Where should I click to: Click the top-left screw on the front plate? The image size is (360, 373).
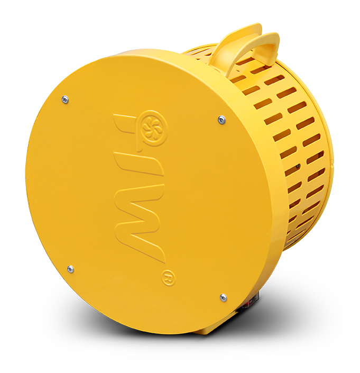[65, 99]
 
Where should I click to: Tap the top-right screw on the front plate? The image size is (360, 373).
[221, 120]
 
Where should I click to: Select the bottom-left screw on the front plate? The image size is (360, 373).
[70, 269]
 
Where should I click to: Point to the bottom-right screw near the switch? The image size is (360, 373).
[223, 297]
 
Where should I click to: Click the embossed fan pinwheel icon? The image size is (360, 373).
[151, 128]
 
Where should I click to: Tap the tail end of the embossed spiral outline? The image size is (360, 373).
[140, 149]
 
